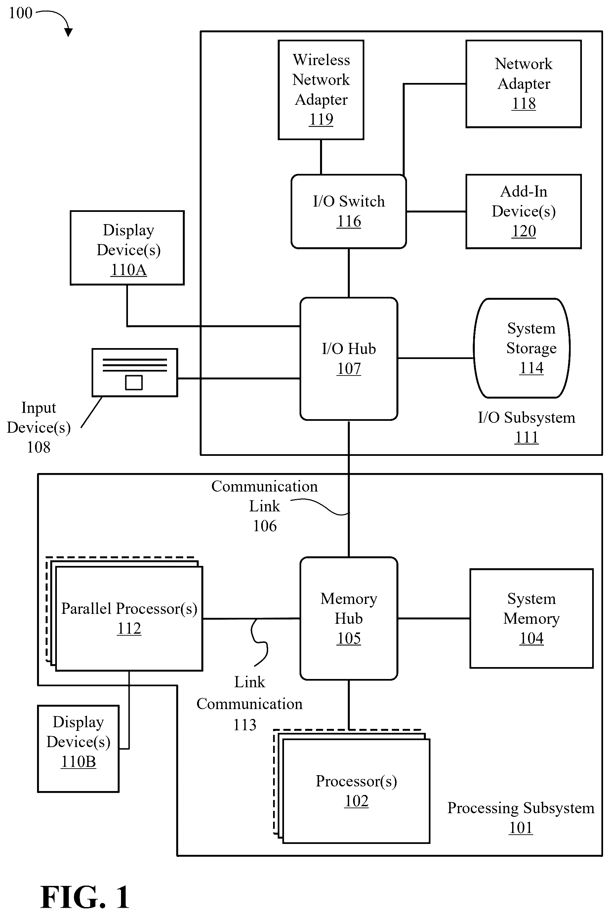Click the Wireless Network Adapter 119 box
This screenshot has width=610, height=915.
(321, 90)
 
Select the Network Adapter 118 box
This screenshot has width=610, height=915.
(524, 84)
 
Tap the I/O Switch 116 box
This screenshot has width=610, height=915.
(348, 212)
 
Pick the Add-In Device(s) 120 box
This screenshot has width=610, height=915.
(524, 212)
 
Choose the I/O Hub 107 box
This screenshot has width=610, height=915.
(348, 359)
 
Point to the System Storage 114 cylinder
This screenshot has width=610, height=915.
(522, 348)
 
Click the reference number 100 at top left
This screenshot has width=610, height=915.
(20, 13)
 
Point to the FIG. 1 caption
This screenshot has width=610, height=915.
(85, 897)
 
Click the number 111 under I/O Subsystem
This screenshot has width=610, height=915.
(526, 437)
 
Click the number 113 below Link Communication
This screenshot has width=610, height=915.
(245, 725)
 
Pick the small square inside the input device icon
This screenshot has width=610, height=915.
(134, 382)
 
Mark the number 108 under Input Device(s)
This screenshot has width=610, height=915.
(38, 447)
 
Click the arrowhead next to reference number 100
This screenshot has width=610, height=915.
(68, 33)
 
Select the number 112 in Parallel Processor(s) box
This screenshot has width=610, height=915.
(129, 629)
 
